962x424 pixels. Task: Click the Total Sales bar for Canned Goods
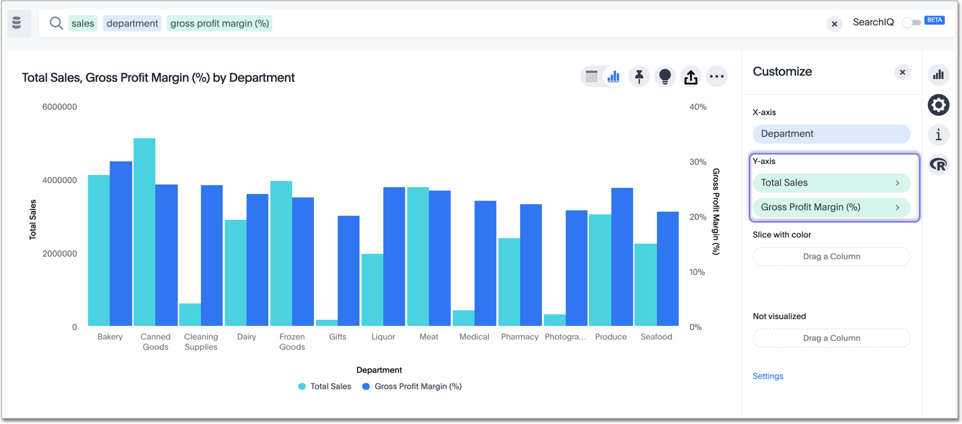click(144, 231)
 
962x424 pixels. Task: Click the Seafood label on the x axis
click(656, 337)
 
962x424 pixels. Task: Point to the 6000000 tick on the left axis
click(60, 107)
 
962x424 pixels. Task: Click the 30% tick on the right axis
click(698, 162)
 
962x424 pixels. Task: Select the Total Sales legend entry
click(325, 387)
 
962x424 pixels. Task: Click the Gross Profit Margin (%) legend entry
click(412, 387)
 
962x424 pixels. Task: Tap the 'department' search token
click(132, 24)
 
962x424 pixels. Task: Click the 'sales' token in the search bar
click(82, 24)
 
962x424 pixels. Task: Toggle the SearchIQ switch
click(911, 22)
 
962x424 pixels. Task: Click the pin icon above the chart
click(639, 77)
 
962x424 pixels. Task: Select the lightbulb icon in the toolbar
click(664, 77)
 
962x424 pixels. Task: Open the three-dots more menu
click(716, 77)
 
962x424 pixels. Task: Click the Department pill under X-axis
click(831, 134)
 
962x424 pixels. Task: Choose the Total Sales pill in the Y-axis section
click(831, 183)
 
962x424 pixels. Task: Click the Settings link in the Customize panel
click(768, 376)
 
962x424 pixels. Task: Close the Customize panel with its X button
click(902, 72)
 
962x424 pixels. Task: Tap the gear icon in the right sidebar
click(938, 105)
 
